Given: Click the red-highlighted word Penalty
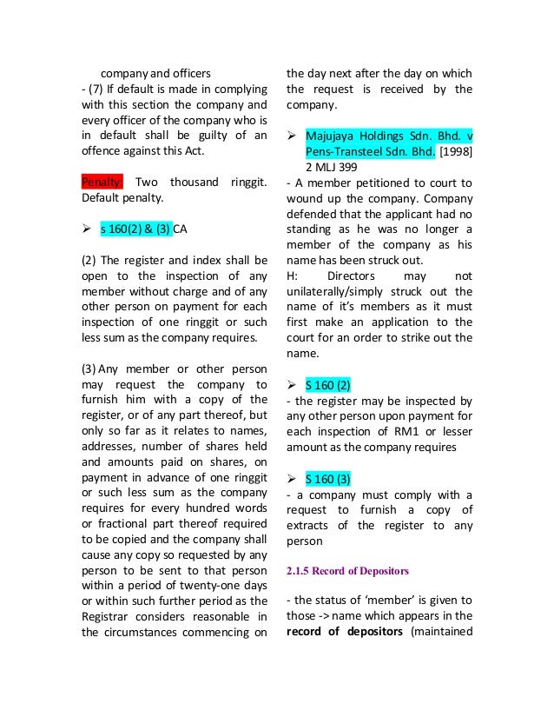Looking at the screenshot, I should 103,182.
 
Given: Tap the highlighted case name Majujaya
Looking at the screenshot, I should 333,137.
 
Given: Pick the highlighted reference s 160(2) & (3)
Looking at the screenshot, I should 135,229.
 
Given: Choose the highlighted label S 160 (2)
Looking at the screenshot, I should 327,383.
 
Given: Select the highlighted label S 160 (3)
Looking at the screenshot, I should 327,478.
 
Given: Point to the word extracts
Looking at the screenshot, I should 313,525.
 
